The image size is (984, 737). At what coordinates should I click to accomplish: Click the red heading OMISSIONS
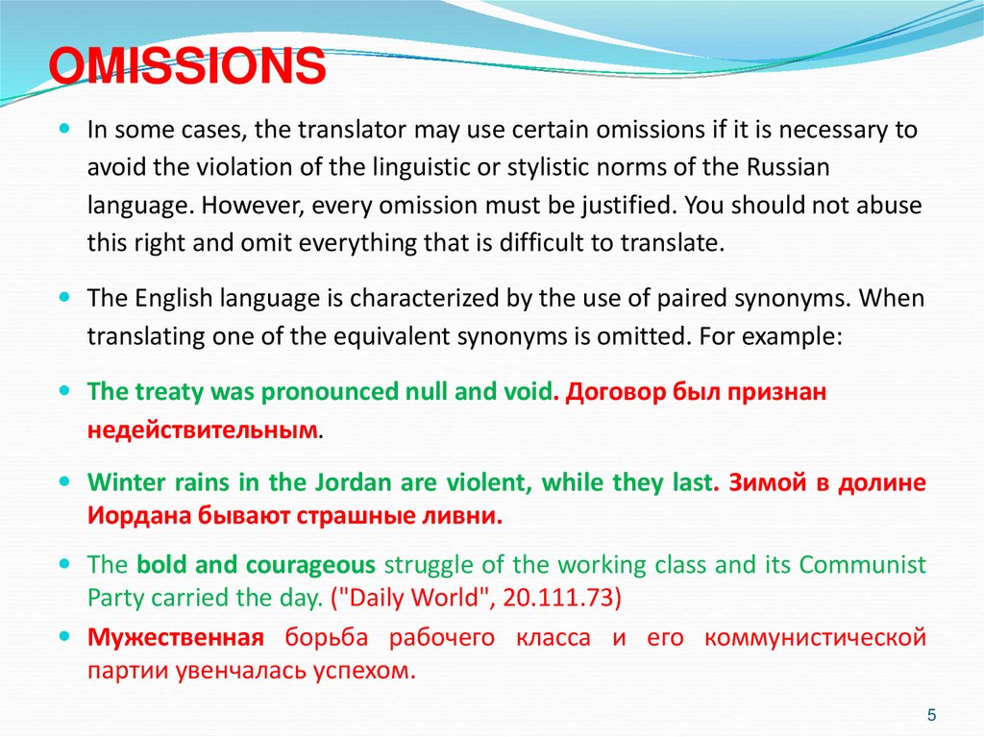187,69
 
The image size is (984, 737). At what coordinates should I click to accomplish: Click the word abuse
884,206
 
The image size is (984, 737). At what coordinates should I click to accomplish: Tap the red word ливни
471,516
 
